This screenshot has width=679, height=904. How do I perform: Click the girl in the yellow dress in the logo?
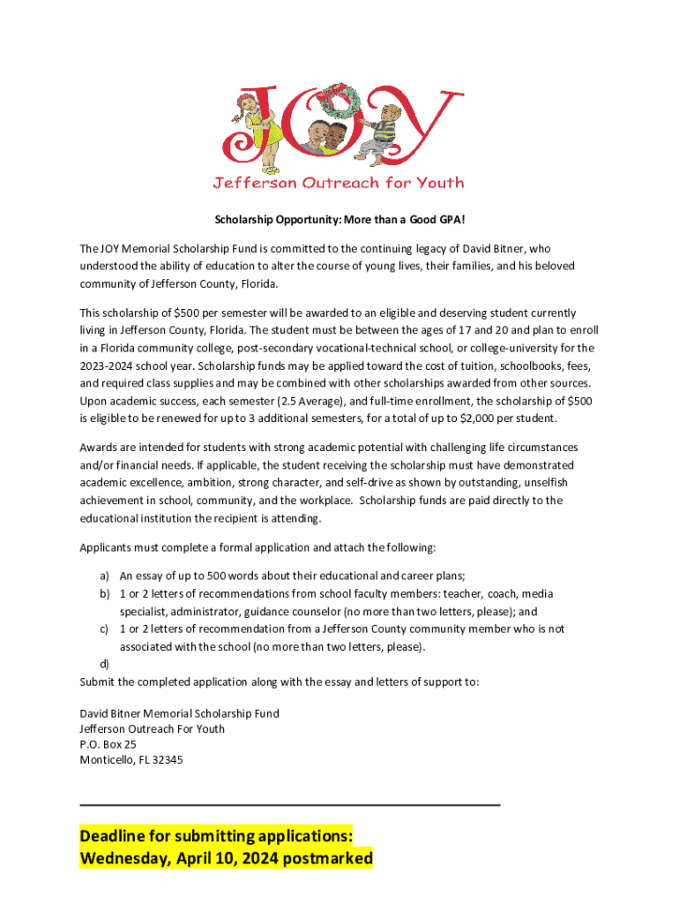point(256,124)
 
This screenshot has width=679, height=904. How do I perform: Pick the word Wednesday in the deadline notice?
point(124,858)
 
